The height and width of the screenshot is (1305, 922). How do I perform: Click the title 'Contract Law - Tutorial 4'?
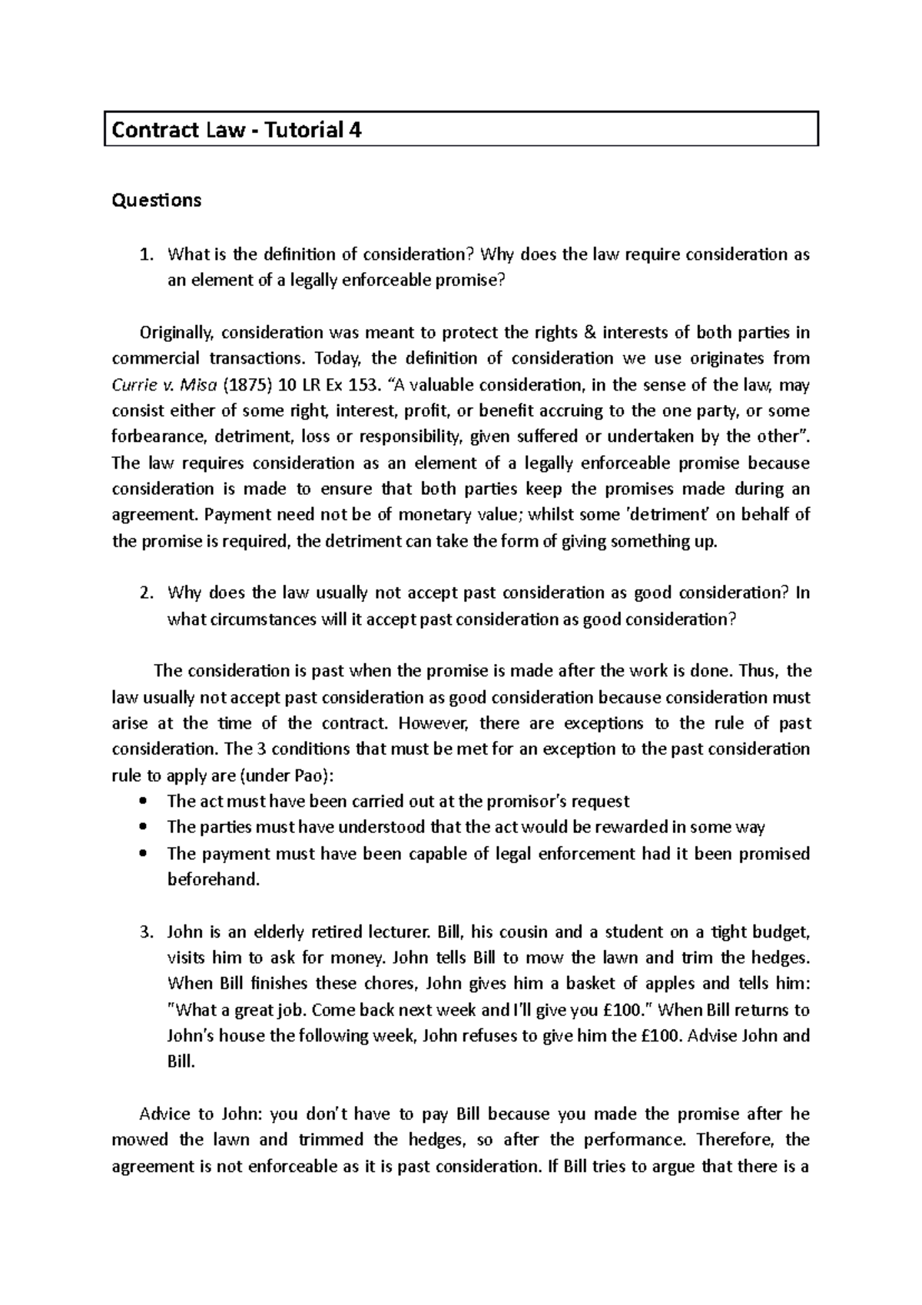tap(237, 130)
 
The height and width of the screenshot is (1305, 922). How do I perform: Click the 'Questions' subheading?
tap(157, 201)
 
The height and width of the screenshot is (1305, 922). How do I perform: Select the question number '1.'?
tap(147, 254)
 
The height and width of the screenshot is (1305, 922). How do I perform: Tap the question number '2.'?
tap(147, 593)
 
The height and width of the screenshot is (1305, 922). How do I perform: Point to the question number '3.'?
tap(147, 932)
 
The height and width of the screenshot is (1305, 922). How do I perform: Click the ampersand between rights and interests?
tap(591, 333)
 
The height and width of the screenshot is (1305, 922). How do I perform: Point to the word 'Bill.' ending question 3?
tap(181, 1062)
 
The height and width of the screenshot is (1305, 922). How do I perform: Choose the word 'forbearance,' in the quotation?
tap(160, 437)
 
